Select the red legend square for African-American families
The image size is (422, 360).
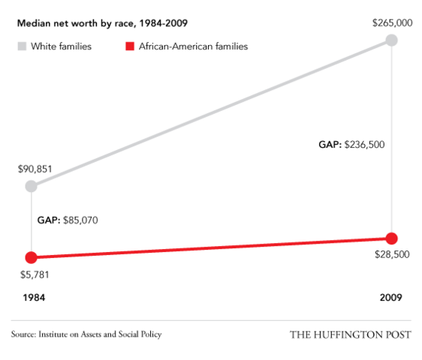(x=130, y=46)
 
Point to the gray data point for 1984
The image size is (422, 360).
(x=31, y=186)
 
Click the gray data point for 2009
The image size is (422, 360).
(x=391, y=40)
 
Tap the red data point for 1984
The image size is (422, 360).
(x=31, y=256)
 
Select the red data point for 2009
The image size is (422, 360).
(x=391, y=238)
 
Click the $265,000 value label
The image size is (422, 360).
(x=392, y=23)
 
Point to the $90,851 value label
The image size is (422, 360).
(x=35, y=169)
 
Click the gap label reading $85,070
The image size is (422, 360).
(x=68, y=221)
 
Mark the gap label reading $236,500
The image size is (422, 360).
(x=351, y=145)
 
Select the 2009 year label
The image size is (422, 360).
(x=390, y=298)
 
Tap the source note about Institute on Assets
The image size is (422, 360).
(x=86, y=334)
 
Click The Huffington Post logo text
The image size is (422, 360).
(x=350, y=334)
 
